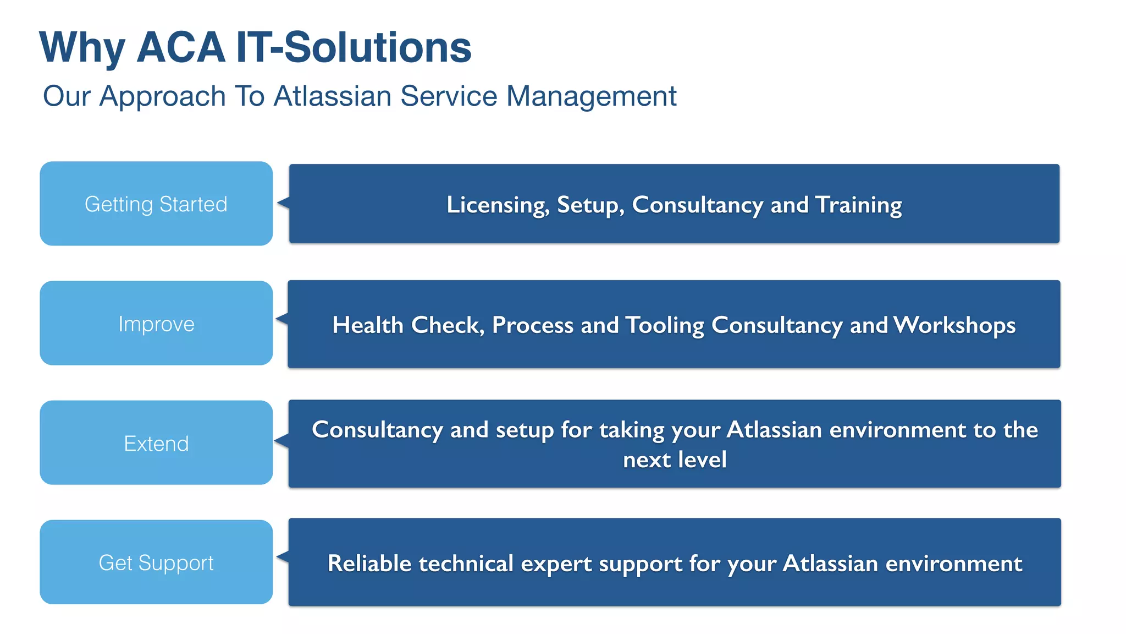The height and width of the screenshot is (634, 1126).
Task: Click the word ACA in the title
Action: [180, 48]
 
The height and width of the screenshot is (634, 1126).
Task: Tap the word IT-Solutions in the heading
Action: [354, 48]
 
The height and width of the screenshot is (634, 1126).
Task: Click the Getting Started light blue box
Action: [156, 204]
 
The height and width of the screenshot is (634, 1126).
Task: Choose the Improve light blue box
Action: [156, 324]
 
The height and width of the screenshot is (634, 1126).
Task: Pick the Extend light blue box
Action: [156, 443]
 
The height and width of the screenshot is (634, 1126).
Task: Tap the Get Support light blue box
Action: [156, 562]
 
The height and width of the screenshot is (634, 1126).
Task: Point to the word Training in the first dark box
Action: [858, 205]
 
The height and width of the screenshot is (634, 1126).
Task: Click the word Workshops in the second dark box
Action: [954, 325]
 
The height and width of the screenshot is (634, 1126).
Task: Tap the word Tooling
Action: [665, 325]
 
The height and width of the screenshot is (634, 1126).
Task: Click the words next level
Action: [675, 460]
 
